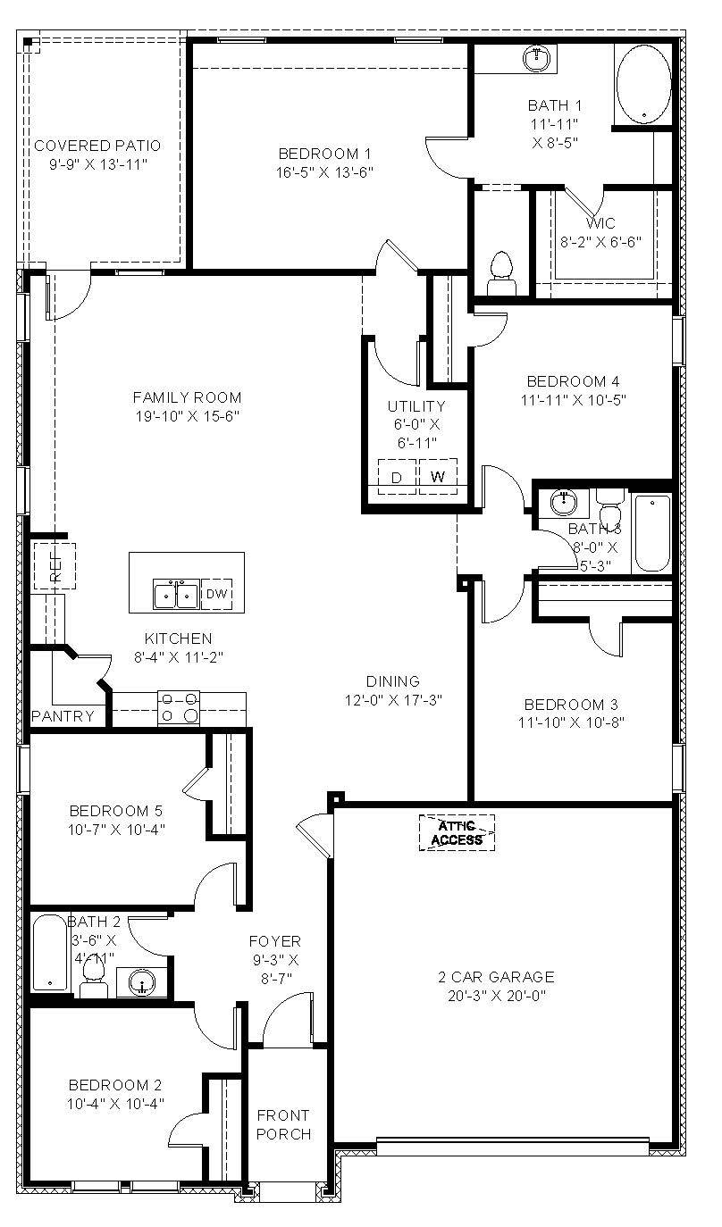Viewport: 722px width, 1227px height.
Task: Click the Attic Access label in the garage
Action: pyautogui.click(x=457, y=832)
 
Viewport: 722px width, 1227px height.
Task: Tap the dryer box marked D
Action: pyautogui.click(x=398, y=476)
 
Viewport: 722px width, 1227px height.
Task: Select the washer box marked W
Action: pyautogui.click(x=438, y=476)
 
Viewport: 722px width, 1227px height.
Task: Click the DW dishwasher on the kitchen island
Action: pyautogui.click(x=216, y=594)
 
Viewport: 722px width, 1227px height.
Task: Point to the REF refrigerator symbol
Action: pyautogui.click(x=55, y=565)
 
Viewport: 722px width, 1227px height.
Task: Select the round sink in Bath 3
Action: pyautogui.click(x=563, y=505)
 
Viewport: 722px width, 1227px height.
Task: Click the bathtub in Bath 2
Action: pyautogui.click(x=50, y=956)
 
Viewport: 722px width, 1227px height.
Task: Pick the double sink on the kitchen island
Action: pyautogui.click(x=175, y=594)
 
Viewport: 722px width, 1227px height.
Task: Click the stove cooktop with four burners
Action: pyautogui.click(x=179, y=707)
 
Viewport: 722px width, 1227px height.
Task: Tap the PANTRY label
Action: pyautogui.click(x=62, y=716)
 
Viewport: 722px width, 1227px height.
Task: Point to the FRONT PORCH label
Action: pyautogui.click(x=284, y=1124)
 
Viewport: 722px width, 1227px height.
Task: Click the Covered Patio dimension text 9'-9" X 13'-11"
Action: pyautogui.click(x=97, y=164)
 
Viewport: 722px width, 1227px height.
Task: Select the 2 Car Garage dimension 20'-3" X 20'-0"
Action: pyautogui.click(x=502, y=995)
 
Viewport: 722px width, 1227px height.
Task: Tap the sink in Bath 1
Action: pyautogui.click(x=537, y=59)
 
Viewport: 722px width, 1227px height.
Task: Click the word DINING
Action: pyautogui.click(x=393, y=681)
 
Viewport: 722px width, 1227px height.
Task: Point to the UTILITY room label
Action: pyautogui.click(x=416, y=407)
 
